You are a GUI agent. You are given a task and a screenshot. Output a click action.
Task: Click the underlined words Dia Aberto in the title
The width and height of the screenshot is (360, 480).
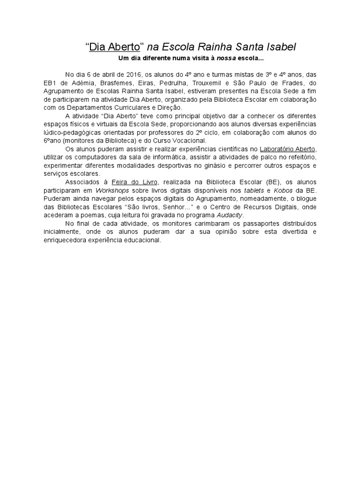point(115,47)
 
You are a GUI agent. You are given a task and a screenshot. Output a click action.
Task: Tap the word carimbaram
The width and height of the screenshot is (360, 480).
point(194,224)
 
